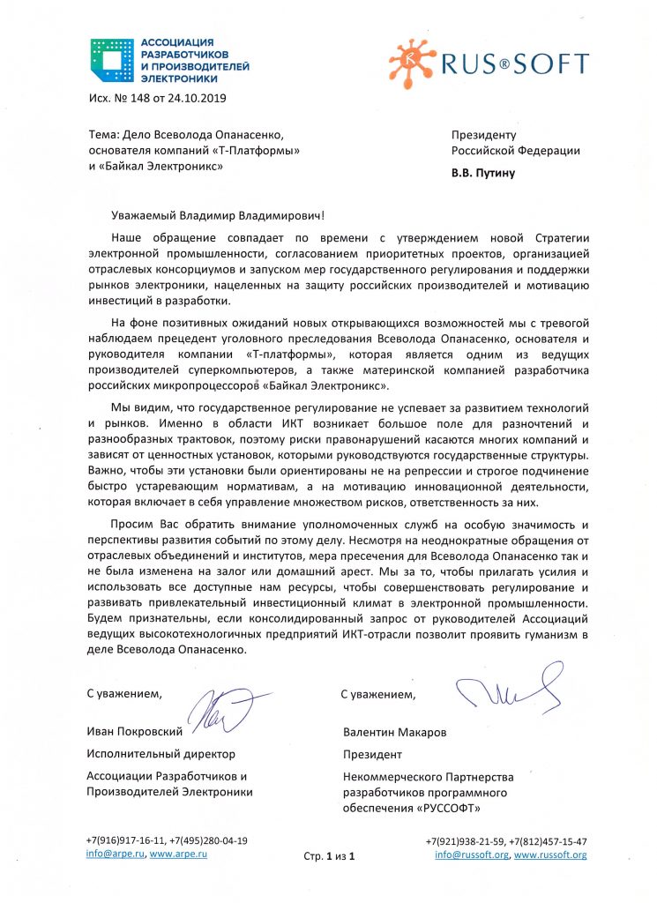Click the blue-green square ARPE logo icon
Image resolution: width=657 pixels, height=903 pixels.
point(111,60)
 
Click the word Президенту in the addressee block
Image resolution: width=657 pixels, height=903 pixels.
point(482,135)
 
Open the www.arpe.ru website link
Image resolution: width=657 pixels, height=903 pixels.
point(173,854)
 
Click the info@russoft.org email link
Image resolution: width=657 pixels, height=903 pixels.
point(471,854)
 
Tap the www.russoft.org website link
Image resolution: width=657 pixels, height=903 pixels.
point(550,854)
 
